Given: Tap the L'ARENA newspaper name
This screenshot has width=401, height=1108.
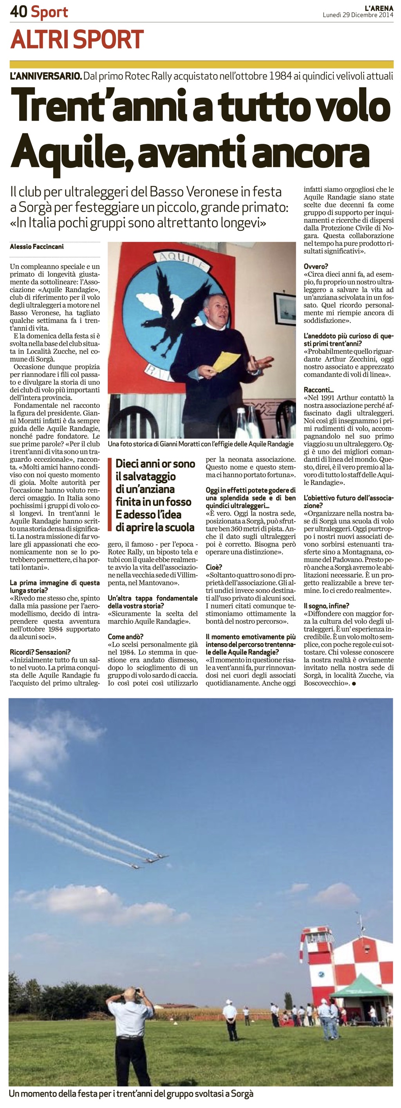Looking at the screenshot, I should (x=379, y=8).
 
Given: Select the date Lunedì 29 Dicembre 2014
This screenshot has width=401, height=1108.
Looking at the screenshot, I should (x=358, y=15).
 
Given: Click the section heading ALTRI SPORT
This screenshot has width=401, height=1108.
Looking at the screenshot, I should (x=77, y=40).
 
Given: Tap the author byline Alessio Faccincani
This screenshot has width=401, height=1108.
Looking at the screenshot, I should (x=36, y=247).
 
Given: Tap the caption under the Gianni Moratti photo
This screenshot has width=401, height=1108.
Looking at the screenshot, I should (x=200, y=444).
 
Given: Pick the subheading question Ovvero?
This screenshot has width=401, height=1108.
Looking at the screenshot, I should (x=316, y=266).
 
